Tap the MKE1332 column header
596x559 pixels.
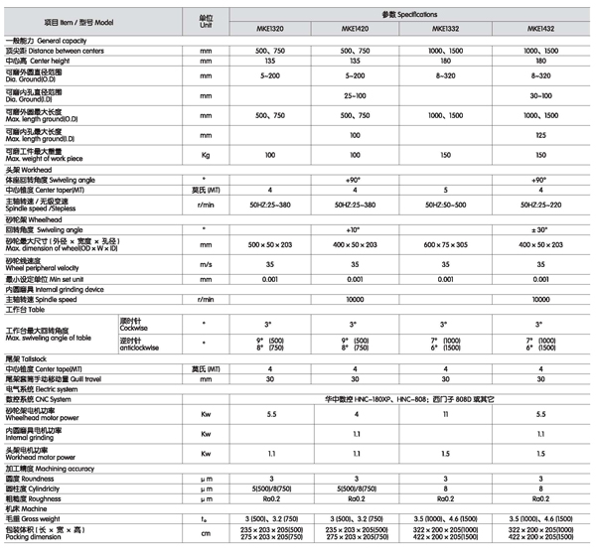pyautogui.click(x=444, y=29)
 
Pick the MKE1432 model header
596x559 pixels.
pyautogui.click(x=539, y=29)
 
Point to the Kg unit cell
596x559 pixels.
pyautogui.click(x=207, y=156)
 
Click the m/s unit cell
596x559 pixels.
pyautogui.click(x=207, y=266)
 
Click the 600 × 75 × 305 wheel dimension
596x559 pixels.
pyautogui.click(x=444, y=243)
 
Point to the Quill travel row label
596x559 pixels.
pyautogui.click(x=60, y=378)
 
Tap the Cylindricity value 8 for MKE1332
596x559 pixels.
pyautogui.click(x=444, y=489)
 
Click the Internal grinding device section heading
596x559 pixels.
pyautogui.click(x=55, y=289)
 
